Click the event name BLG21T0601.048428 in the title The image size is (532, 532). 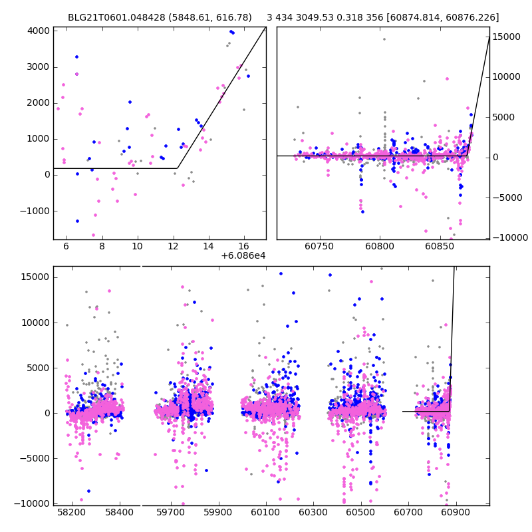112,18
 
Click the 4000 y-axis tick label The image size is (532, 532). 37,31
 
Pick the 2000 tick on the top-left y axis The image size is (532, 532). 37,103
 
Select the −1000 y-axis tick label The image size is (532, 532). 35,211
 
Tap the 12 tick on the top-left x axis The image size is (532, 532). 173,246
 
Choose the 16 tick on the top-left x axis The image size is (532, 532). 244,246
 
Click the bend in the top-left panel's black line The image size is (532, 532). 177,168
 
